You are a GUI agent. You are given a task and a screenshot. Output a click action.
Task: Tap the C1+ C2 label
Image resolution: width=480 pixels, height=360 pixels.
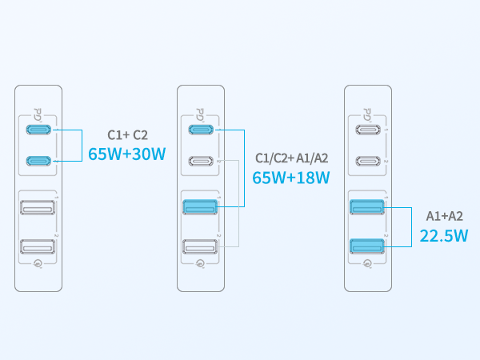(126, 134)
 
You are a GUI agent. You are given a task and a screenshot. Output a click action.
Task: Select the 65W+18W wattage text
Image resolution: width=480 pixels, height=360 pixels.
(291, 178)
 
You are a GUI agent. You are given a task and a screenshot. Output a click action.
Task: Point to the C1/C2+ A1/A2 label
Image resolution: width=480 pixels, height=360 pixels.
(291, 158)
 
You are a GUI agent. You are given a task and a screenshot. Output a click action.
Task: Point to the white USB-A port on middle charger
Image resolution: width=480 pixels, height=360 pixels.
(199, 248)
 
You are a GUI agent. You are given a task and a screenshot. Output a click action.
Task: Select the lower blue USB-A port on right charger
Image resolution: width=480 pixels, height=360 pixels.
(366, 248)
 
